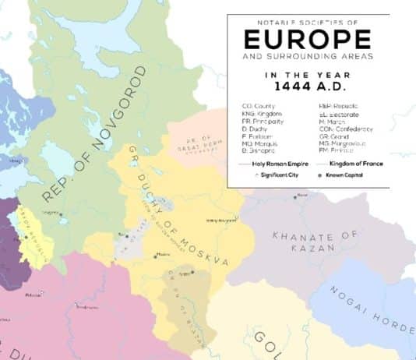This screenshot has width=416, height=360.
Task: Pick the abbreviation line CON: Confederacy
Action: tap(346, 129)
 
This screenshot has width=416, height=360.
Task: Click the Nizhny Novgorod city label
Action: tap(220, 221)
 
